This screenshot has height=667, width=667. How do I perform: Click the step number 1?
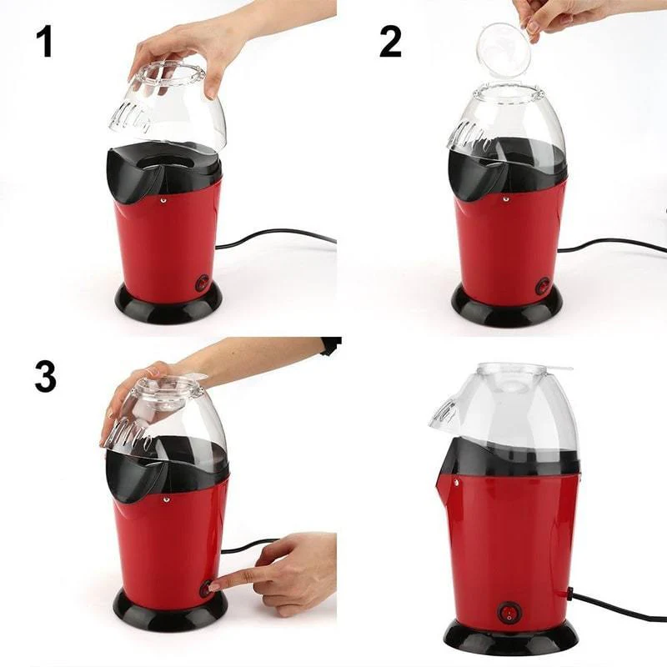44,42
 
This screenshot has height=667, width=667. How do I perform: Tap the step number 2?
390,42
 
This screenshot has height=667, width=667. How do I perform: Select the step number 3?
45,376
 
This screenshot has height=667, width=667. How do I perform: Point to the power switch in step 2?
543,284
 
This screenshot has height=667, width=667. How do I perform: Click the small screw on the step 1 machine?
163,198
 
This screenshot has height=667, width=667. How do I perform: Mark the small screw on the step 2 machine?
504,198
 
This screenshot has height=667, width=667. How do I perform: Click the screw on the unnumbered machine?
456,483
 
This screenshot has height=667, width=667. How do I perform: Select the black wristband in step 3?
332,345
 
